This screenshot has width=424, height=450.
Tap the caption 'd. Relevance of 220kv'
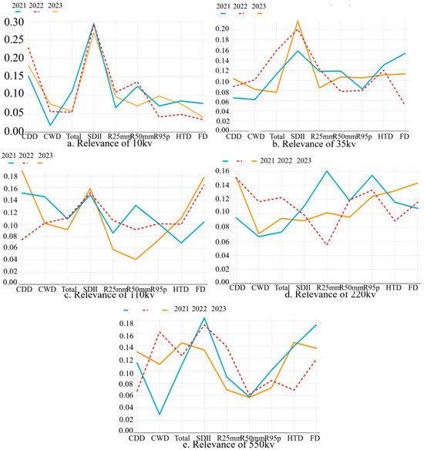tap(321, 290)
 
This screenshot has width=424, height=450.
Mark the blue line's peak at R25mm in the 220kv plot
tap(327, 171)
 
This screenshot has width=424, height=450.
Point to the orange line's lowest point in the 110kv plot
tap(138, 260)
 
